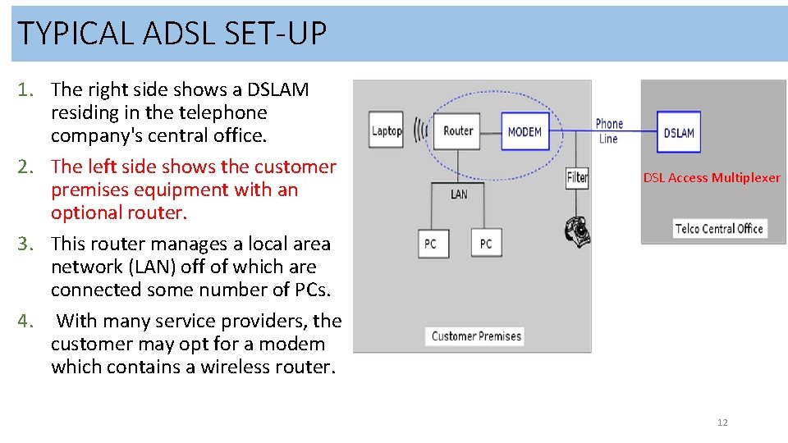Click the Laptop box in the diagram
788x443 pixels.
pyautogui.click(x=387, y=130)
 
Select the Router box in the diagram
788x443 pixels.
pyautogui.click(x=458, y=130)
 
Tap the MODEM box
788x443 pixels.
pyautogui.click(x=525, y=131)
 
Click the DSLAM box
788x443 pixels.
pyautogui.click(x=679, y=132)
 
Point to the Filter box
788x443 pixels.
pyautogui.click(x=578, y=176)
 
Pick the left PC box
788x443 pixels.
pyautogui.click(x=431, y=244)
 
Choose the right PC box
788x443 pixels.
pyautogui.click(x=486, y=244)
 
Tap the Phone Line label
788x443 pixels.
pyautogui.click(x=609, y=131)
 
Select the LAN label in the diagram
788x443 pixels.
pyautogui.click(x=459, y=194)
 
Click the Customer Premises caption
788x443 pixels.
pyautogui.click(x=476, y=336)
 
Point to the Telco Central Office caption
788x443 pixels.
pyautogui.click(x=719, y=229)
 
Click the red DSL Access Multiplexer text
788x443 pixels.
pyautogui.click(x=712, y=177)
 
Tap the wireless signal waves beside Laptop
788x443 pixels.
pyautogui.click(x=421, y=130)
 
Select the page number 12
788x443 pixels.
pyautogui.click(x=722, y=422)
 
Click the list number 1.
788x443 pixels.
pyautogui.click(x=26, y=89)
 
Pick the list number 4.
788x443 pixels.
pyautogui.click(x=26, y=321)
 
